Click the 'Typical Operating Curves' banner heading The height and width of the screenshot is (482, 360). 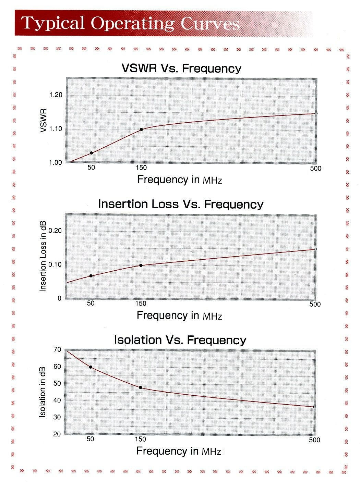tap(130, 23)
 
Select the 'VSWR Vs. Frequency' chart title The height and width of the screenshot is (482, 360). tap(181, 69)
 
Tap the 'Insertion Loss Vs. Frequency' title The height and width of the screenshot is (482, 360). tap(181, 204)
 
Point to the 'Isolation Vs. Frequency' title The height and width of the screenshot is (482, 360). tap(180, 340)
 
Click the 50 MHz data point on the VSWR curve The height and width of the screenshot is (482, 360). tap(91, 153)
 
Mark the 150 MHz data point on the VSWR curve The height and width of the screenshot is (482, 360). tap(141, 129)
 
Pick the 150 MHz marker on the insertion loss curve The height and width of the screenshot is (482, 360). tap(141, 265)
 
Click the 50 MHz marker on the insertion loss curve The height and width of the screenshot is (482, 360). tap(91, 276)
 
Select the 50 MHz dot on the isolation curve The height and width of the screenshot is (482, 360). tap(91, 367)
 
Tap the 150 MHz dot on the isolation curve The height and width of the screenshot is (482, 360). tap(141, 387)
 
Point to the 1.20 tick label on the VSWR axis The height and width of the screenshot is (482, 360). tap(56, 95)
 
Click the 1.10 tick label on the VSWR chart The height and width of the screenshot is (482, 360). tap(56, 129)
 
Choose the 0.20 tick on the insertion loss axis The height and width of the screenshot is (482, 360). tap(55, 231)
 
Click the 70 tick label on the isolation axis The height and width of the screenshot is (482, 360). tap(57, 350)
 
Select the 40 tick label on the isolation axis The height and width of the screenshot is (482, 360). tap(57, 400)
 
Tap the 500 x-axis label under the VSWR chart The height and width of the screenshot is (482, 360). tap(315, 169)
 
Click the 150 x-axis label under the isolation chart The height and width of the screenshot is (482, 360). tap(141, 440)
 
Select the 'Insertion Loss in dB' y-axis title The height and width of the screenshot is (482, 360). tap(43, 256)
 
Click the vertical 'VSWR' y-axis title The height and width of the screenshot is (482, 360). tap(43, 121)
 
